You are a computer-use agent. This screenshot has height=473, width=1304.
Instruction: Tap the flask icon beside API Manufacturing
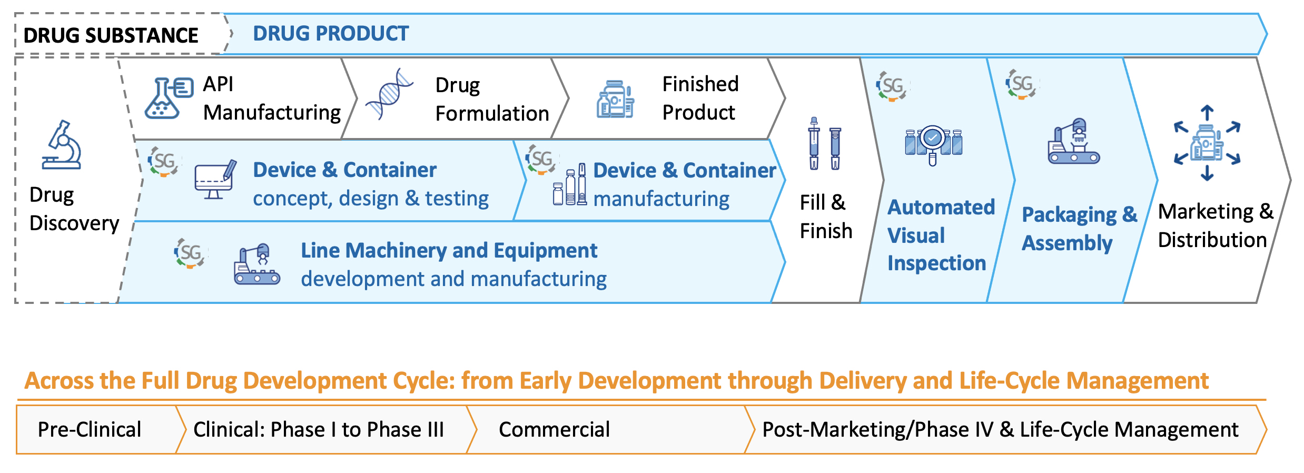click(169, 98)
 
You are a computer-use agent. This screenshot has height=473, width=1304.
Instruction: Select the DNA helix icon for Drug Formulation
click(389, 94)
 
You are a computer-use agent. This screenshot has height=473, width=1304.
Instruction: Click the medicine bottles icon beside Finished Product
click(615, 99)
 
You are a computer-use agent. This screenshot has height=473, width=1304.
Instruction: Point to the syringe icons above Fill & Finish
click(825, 143)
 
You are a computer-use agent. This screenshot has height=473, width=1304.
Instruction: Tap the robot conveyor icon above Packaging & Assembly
click(1074, 141)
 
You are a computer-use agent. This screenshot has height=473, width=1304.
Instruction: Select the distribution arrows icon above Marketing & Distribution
click(1207, 143)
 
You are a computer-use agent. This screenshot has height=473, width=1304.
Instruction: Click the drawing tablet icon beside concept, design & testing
click(215, 180)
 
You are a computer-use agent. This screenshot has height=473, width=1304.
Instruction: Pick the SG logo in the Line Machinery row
click(190, 253)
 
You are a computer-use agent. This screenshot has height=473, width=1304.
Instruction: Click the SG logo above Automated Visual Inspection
click(892, 86)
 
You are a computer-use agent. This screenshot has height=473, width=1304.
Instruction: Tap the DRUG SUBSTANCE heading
click(111, 35)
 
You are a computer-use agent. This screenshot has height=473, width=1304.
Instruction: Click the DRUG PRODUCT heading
click(331, 33)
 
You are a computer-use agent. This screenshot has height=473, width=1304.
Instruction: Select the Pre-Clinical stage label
click(90, 429)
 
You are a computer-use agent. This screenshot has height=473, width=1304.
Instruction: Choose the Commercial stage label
click(554, 429)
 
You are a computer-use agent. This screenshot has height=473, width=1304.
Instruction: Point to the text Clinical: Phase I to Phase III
click(319, 429)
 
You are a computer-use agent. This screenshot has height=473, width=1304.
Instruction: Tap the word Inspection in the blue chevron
click(936, 263)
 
